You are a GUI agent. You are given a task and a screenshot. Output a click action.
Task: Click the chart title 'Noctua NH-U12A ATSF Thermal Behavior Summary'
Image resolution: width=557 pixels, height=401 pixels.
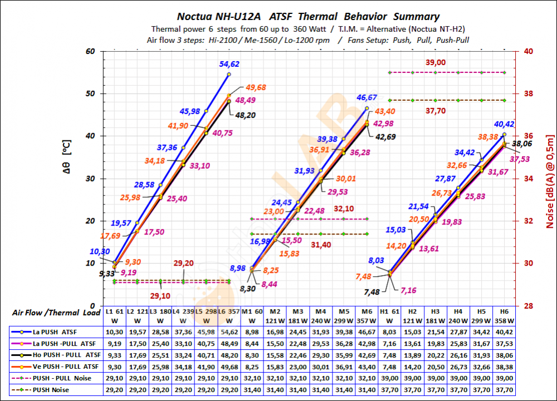(x=308, y=17)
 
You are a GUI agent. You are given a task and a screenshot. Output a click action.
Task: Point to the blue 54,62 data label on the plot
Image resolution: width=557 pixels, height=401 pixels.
(x=229, y=64)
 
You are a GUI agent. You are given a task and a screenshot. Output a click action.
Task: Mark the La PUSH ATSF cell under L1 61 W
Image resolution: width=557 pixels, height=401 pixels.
(x=114, y=331)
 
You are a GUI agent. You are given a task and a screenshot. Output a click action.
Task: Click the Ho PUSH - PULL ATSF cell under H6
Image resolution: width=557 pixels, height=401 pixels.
(x=504, y=355)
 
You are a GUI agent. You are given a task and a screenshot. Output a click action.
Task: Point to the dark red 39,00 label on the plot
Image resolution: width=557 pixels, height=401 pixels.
(x=436, y=62)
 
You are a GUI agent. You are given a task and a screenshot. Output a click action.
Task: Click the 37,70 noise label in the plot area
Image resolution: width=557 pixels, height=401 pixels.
(x=436, y=111)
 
